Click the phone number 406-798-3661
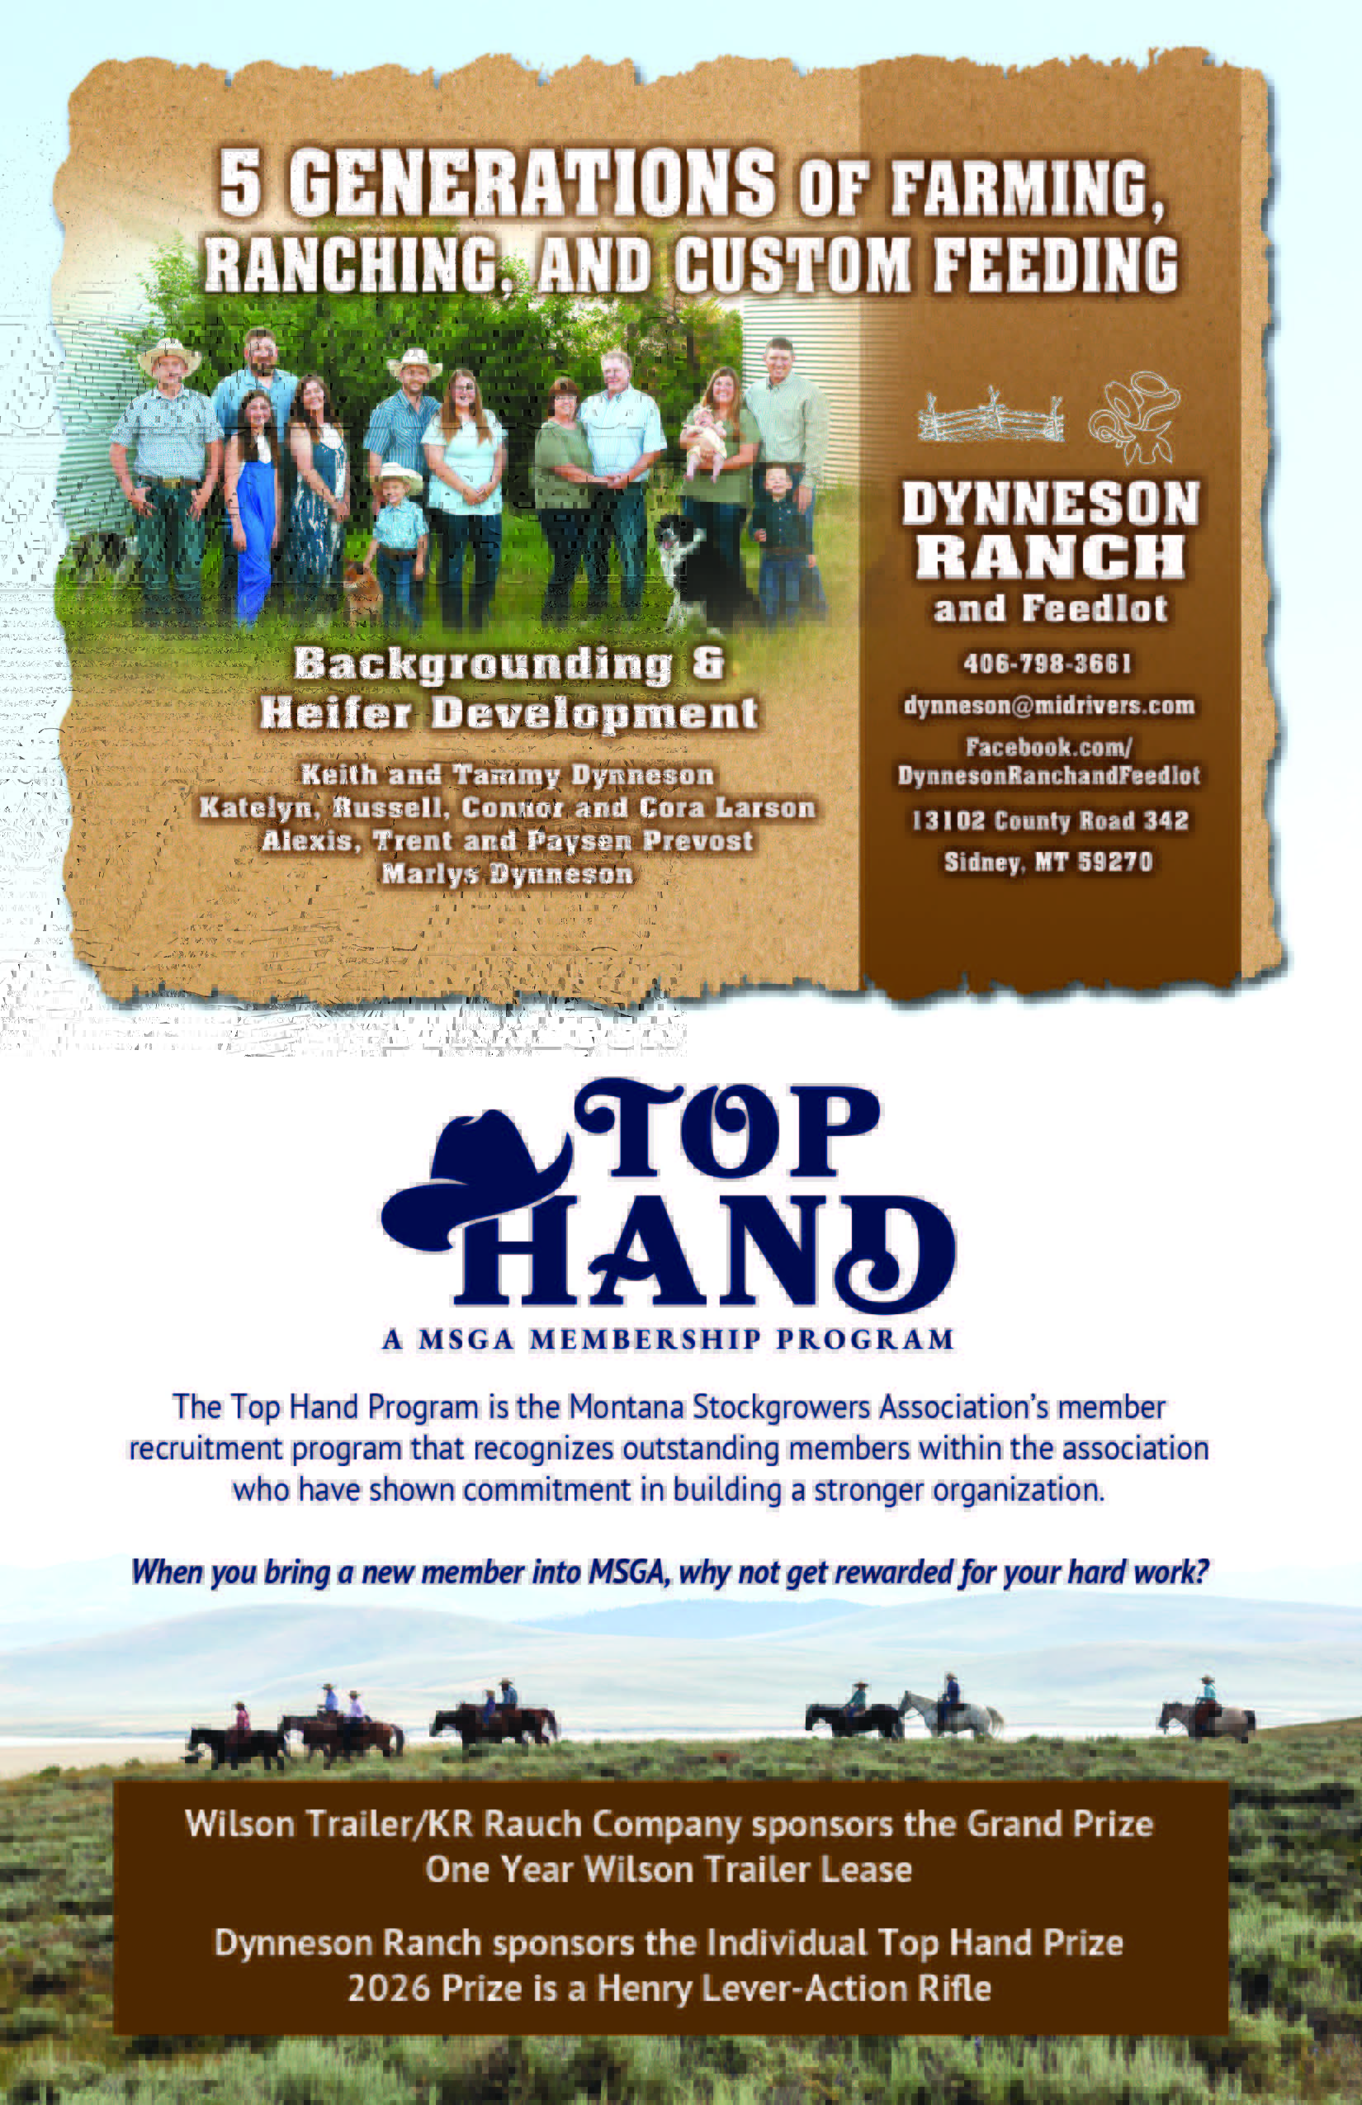tap(1048, 664)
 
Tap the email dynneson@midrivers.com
tap(1049, 705)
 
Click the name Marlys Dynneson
tap(508, 875)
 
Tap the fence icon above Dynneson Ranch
tap(991, 416)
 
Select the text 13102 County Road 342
tap(1050, 821)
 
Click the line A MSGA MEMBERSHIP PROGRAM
tap(669, 1340)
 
